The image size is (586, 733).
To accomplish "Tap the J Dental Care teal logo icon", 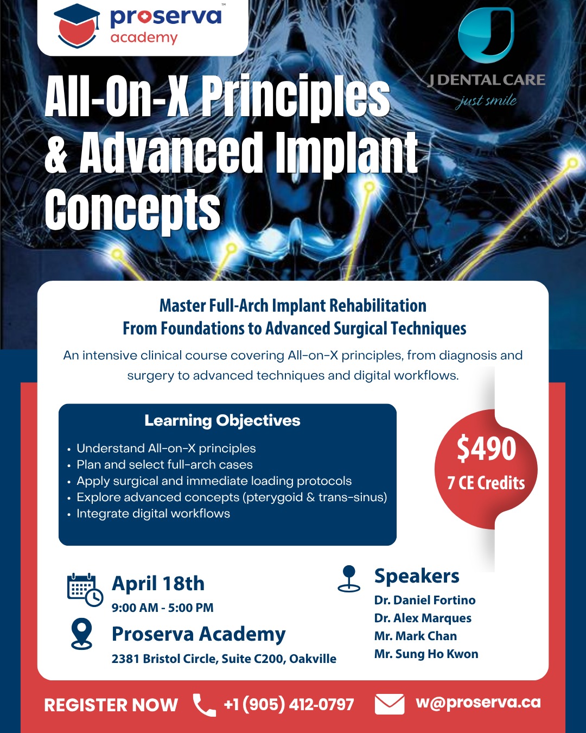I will tap(486, 35).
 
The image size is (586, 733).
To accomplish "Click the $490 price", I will tap(486, 448).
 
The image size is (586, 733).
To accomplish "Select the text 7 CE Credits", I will tap(486, 483).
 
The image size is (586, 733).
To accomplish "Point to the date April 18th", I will tap(158, 583).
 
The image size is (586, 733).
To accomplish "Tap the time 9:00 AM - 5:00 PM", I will tap(162, 608).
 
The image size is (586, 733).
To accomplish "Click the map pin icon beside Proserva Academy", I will tap(82, 634).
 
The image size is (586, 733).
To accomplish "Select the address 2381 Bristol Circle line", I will tap(224, 659).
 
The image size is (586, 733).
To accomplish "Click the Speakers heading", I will tap(417, 576).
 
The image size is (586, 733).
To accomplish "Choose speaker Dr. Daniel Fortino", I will tap(425, 600).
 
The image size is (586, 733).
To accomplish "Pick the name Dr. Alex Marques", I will tap(423, 618).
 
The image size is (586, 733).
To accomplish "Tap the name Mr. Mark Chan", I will tap(416, 636).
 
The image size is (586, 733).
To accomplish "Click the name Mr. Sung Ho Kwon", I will tap(426, 654).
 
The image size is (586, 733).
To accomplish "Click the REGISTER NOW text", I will tap(111, 705).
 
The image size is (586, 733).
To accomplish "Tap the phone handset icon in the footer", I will tap(204, 705).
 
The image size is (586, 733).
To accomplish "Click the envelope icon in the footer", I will tap(390, 704).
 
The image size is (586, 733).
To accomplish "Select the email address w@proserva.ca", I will tap(478, 702).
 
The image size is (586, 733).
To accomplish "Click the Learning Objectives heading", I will tap(222, 420).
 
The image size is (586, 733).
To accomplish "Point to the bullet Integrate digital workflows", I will tap(153, 513).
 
